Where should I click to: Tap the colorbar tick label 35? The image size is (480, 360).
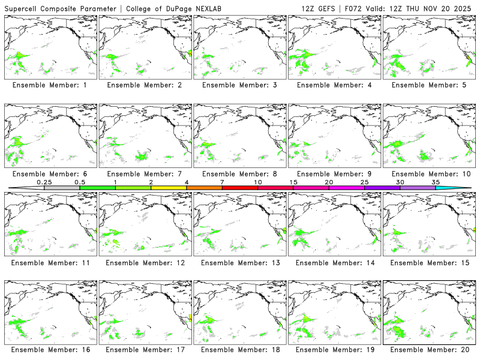(436, 182)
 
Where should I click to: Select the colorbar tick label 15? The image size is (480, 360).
(293, 182)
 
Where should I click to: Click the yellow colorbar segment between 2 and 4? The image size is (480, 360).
(169, 188)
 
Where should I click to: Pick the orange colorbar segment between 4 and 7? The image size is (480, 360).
(204, 188)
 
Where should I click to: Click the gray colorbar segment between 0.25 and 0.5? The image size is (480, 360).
(62, 188)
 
